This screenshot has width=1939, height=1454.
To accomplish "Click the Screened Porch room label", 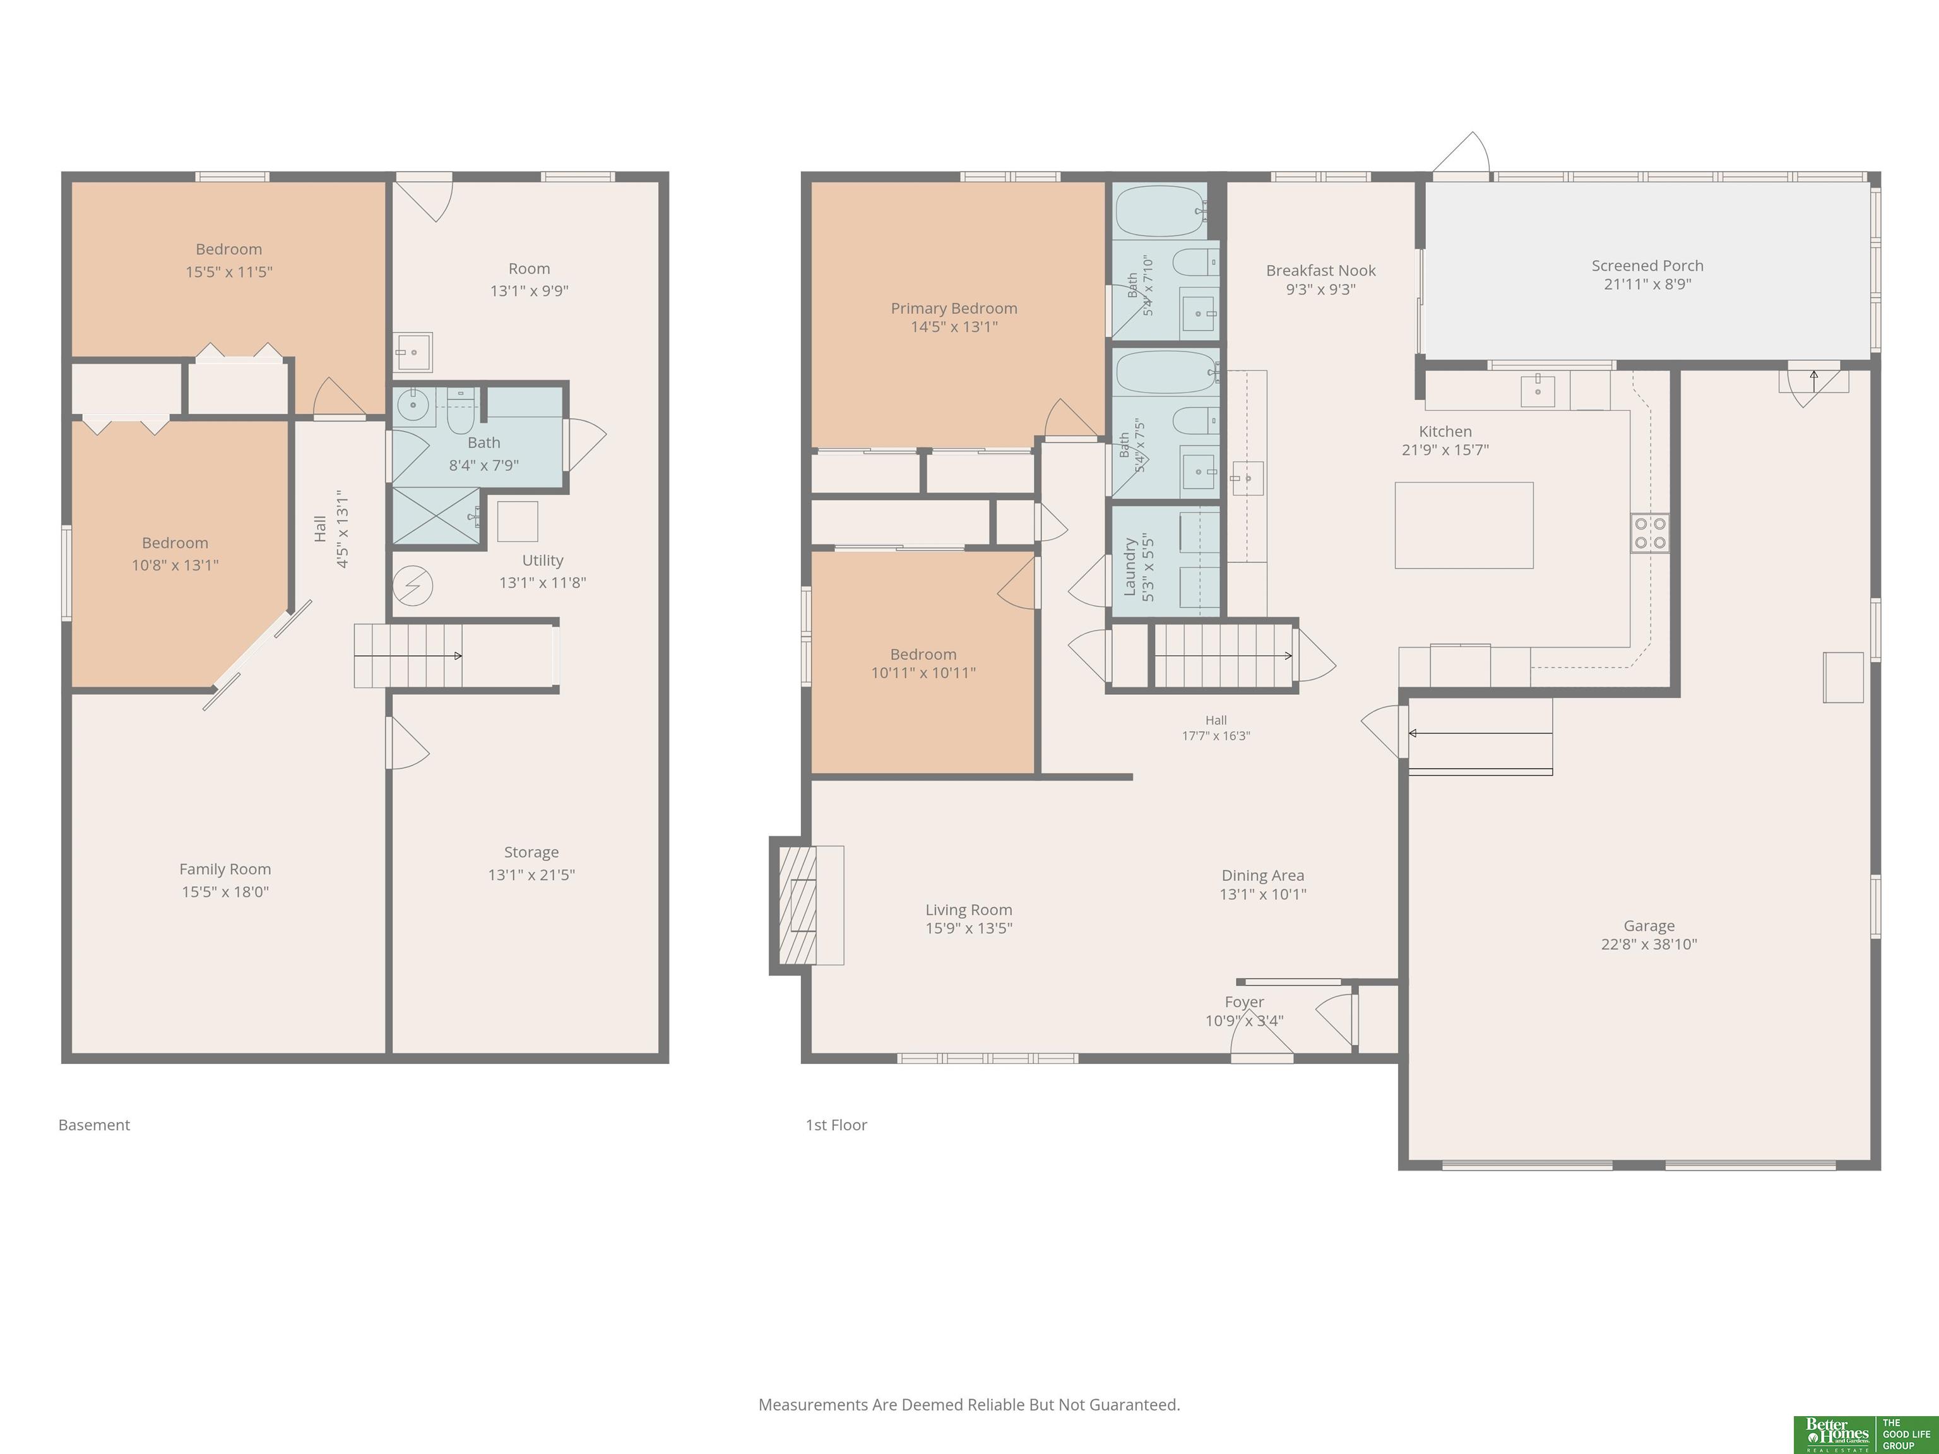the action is (x=1647, y=266).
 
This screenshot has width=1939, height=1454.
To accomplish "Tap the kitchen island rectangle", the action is (x=1464, y=525).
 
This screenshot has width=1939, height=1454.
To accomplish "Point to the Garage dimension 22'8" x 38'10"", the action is (x=1649, y=945).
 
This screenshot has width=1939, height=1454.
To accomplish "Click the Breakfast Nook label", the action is (x=1320, y=271).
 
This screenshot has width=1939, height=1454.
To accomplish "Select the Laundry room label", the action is (x=1130, y=568).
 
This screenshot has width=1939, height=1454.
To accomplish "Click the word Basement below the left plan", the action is (x=94, y=1125).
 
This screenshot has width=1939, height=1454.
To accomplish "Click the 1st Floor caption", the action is (x=836, y=1125).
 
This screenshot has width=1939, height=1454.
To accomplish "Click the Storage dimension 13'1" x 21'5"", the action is (x=531, y=875).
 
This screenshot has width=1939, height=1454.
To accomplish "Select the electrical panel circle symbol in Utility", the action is (x=413, y=586).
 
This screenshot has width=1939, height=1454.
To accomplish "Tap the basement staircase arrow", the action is (x=408, y=656).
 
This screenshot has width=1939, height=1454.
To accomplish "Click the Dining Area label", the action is (x=1263, y=875).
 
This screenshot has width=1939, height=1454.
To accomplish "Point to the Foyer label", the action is (x=1244, y=1002).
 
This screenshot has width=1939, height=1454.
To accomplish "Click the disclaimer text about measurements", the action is (x=969, y=1405).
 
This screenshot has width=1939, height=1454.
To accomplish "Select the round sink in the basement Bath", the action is (x=412, y=406).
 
